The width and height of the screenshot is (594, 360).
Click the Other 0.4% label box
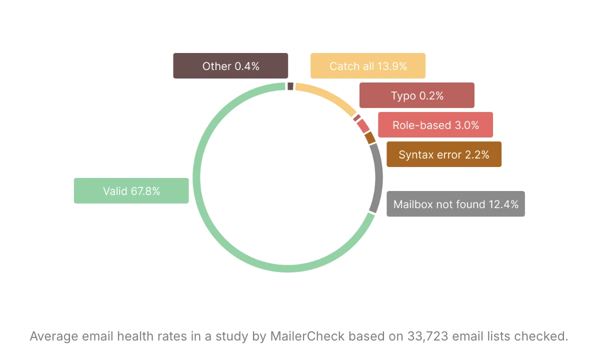point(230,66)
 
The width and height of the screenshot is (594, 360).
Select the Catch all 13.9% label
point(367,66)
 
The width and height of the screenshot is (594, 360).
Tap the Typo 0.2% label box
point(416,95)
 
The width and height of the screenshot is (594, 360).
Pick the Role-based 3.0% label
point(435,125)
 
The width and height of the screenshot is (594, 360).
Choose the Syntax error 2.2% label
point(443,154)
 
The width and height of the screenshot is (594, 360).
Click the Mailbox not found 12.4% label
point(455,204)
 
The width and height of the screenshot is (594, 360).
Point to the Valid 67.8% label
point(131,190)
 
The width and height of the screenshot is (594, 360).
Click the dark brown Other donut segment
point(290,86)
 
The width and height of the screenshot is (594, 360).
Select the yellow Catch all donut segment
point(327,96)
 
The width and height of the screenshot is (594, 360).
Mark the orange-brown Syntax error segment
point(370,137)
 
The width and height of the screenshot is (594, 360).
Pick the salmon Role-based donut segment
point(363,126)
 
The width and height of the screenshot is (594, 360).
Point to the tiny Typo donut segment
point(356,118)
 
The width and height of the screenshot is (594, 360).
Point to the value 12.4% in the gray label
point(503,204)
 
